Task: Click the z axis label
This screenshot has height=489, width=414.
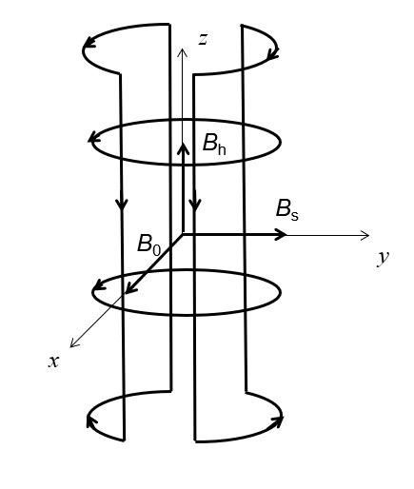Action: coord(203,39)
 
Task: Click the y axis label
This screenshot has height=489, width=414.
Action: coord(384,258)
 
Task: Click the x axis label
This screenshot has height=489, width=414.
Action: coord(53,362)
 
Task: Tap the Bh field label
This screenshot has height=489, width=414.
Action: coord(214,145)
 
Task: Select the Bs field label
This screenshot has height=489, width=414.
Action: coord(287,210)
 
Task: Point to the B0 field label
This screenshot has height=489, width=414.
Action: coord(149,244)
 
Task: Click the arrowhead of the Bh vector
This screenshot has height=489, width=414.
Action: coord(183,149)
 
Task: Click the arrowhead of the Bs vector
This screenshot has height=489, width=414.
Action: coord(281,234)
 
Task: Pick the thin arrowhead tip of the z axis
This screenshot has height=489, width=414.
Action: coord(182,49)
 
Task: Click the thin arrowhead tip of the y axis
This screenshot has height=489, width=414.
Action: coord(369,235)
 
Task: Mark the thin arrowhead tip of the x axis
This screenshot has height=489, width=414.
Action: coord(70,347)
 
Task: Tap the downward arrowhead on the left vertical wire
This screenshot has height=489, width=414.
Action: coord(122,205)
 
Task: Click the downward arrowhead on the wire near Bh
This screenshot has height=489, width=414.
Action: coord(195,205)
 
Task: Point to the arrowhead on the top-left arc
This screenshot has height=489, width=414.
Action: coord(89,43)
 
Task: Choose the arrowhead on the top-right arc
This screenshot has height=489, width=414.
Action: coord(273,54)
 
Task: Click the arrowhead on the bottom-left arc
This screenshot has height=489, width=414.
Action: coord(91,421)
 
